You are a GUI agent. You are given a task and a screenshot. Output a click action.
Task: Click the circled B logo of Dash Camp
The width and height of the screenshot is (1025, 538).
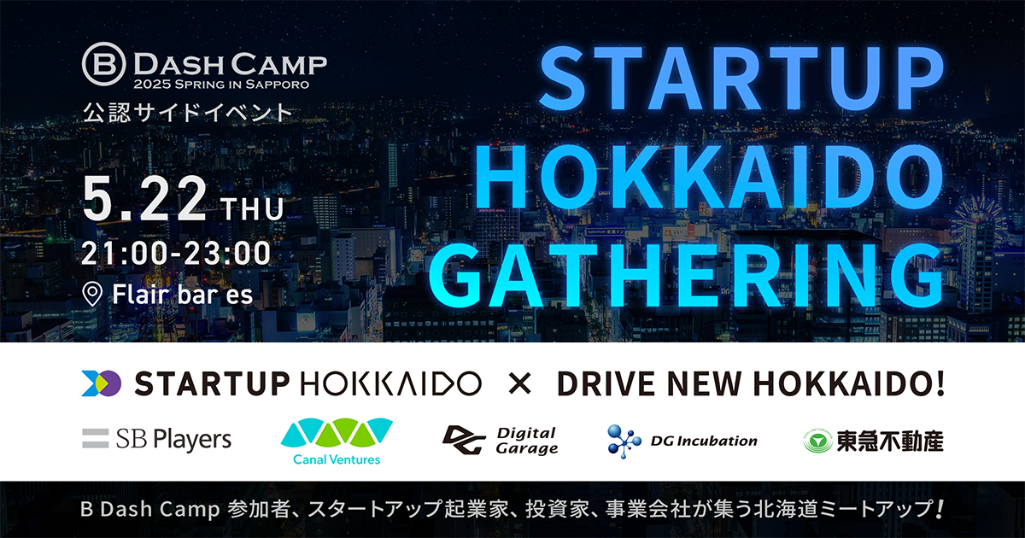point(104,64)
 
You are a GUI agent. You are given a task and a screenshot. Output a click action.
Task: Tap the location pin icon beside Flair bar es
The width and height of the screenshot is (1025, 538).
point(92,294)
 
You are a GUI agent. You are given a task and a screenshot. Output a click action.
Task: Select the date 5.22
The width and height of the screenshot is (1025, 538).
point(144,200)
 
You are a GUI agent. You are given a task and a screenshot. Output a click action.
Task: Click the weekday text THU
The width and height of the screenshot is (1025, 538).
point(253,209)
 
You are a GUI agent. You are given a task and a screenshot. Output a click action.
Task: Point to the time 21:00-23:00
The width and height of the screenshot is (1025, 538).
point(176,253)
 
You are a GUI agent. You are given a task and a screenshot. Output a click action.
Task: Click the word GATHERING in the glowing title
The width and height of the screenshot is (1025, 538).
point(685,276)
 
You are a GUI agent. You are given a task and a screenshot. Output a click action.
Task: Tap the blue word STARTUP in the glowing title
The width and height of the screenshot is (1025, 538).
point(741,79)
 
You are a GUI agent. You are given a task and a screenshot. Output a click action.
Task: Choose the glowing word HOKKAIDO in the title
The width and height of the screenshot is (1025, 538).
point(710,177)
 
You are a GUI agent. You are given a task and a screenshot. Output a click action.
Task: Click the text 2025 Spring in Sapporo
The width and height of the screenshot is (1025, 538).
point(221,85)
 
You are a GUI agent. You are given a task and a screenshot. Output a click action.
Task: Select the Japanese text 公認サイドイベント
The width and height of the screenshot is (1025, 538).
point(188,113)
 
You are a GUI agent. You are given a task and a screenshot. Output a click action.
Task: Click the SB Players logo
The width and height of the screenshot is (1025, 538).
point(156,439)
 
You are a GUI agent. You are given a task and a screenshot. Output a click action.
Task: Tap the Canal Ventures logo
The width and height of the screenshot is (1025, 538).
point(337,442)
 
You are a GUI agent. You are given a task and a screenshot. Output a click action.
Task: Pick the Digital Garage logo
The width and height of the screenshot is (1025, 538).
point(501,441)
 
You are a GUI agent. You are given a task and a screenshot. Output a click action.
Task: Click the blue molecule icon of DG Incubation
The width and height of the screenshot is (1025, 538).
point(624,441)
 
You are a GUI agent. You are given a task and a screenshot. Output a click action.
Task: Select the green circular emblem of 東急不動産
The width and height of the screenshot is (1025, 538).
point(817,442)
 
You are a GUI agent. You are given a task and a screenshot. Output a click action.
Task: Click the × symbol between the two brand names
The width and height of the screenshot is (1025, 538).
point(520,383)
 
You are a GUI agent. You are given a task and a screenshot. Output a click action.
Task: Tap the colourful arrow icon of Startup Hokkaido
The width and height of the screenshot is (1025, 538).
point(101,383)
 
